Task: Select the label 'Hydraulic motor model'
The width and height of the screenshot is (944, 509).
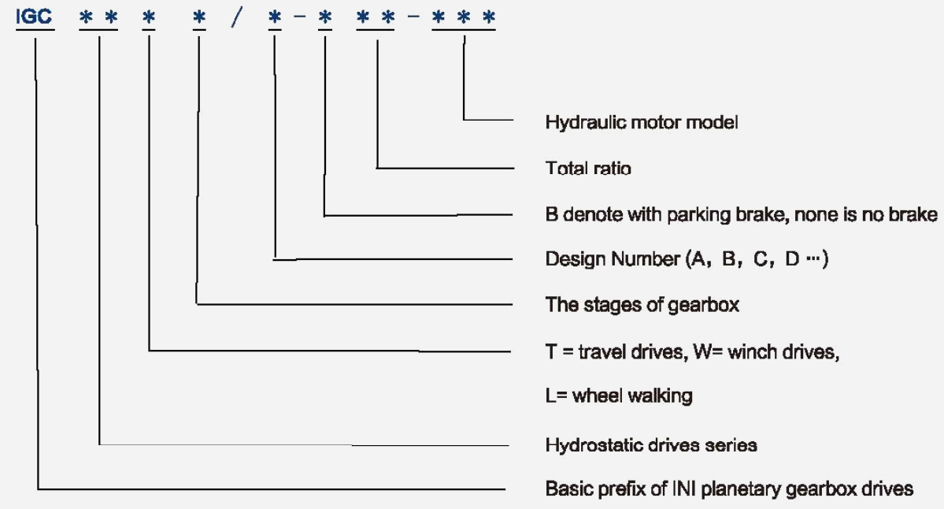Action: [641, 123]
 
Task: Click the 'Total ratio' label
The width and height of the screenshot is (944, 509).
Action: [588, 169]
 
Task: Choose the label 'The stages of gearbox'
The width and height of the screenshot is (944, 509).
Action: [642, 304]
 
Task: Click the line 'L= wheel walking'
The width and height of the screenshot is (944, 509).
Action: [618, 396]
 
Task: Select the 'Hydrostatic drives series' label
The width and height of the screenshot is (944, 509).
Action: [651, 445]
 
